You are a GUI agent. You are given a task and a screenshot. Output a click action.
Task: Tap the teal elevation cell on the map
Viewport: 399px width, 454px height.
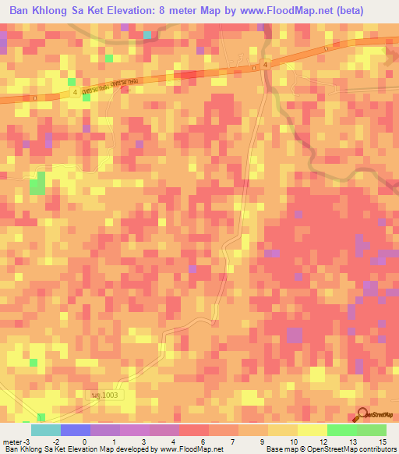(147, 35)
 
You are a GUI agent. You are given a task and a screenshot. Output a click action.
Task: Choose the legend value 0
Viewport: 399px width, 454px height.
(94, 441)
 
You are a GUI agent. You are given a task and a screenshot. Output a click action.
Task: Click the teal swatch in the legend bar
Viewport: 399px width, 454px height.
(46, 430)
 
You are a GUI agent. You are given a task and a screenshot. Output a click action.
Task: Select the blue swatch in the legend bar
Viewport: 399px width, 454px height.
(76, 430)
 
